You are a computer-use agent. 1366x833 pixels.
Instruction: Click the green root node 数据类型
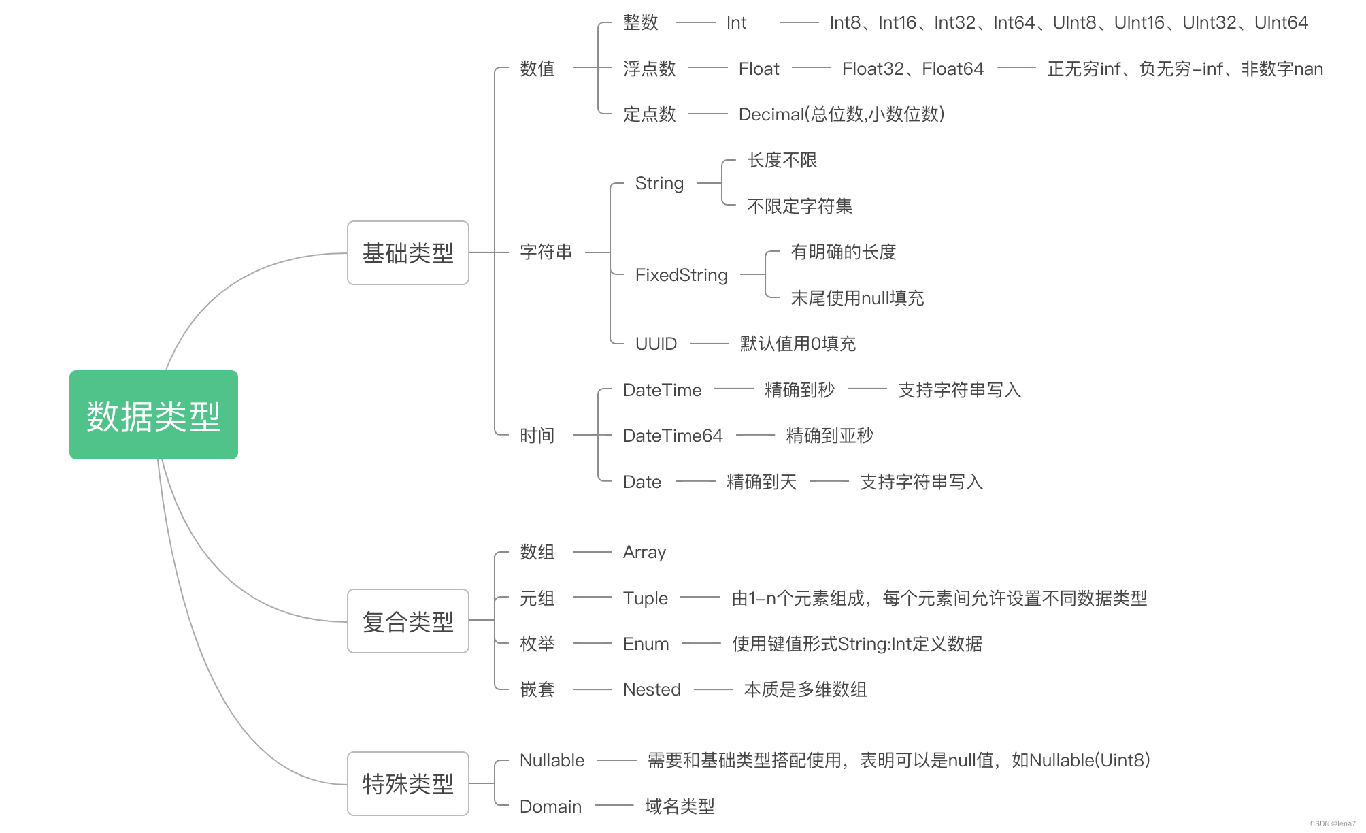click(x=154, y=415)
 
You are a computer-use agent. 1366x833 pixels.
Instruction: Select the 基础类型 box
click(x=407, y=253)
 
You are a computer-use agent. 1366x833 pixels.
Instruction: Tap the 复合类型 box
click(x=407, y=621)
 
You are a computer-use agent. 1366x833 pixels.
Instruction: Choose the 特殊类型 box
click(x=407, y=784)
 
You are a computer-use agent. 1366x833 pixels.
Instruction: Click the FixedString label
click(x=681, y=275)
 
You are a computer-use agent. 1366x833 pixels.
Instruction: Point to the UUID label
click(x=656, y=344)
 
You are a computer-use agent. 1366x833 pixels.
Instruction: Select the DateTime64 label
click(x=673, y=436)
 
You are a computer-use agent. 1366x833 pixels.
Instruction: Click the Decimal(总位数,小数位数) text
click(x=842, y=114)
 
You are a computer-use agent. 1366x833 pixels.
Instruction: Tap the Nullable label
click(x=552, y=760)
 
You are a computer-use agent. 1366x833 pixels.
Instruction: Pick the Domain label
click(x=550, y=806)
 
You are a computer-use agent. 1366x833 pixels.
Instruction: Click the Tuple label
click(x=646, y=598)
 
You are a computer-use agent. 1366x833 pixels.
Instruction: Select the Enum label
click(x=646, y=644)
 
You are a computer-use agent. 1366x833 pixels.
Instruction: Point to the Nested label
click(x=652, y=689)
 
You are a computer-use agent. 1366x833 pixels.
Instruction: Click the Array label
click(x=644, y=552)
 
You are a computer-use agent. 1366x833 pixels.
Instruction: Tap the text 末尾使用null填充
click(x=857, y=298)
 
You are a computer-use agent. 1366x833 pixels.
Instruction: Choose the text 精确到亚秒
click(x=829, y=436)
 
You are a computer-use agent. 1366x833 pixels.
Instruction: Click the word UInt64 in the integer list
click(x=1281, y=23)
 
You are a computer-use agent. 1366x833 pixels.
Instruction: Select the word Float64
click(x=952, y=69)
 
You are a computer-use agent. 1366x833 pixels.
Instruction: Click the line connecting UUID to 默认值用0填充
click(x=709, y=344)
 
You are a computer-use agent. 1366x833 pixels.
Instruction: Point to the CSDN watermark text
click(x=1333, y=823)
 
